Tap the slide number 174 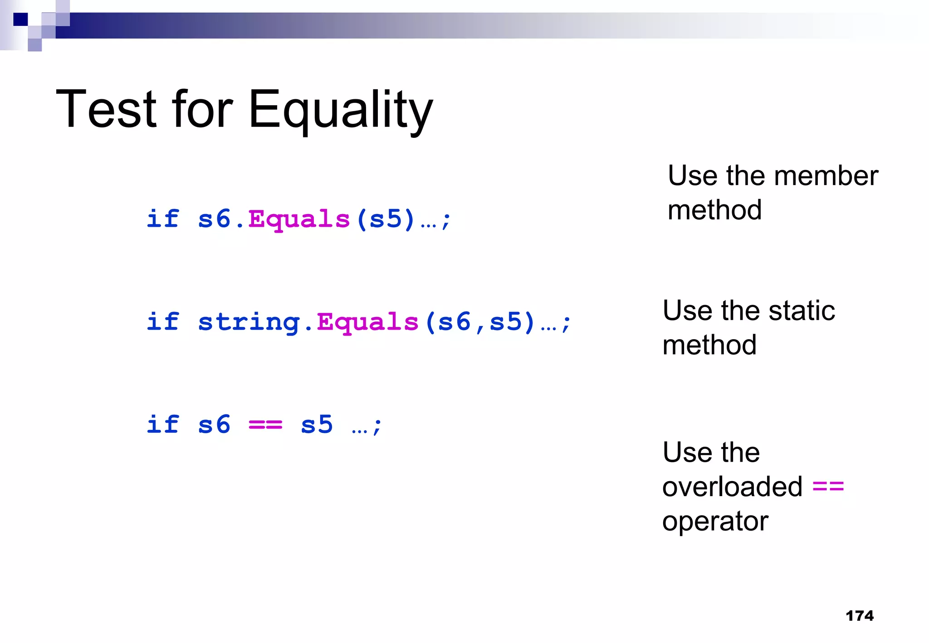(859, 616)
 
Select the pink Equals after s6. (299, 219)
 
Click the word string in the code (249, 322)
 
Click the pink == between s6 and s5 (265, 425)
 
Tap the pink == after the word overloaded (828, 487)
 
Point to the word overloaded (732, 487)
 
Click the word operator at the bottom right (715, 521)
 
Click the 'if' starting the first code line (163, 219)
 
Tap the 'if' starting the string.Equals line (163, 322)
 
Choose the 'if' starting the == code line (163, 425)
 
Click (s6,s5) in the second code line (480, 322)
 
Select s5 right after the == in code (317, 425)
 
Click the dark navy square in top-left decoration (20, 19)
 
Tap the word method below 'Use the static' (709, 346)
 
